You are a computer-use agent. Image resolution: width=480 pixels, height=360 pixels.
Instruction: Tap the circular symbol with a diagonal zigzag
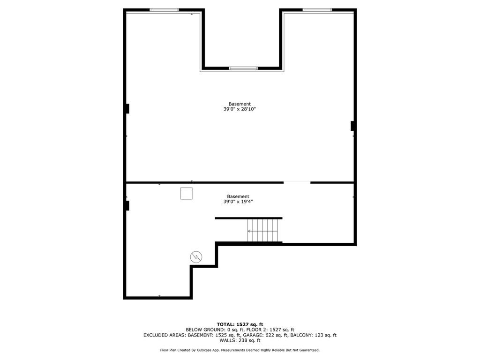196,256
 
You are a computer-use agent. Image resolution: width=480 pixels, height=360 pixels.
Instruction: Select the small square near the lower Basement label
186,194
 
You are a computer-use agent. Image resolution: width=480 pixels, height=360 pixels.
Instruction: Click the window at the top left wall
164,10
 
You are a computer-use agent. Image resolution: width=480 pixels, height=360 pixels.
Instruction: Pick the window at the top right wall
317,10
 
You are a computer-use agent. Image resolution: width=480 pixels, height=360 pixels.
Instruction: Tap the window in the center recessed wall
243,68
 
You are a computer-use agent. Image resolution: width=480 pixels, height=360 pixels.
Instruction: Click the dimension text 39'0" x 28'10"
240,109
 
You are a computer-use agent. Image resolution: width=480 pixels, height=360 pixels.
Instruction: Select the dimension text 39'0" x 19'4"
238,202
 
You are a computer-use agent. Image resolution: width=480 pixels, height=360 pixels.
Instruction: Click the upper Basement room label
240,104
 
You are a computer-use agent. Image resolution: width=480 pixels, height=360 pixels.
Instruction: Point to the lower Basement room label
238,196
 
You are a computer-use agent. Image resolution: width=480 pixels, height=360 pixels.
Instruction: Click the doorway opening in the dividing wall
297,182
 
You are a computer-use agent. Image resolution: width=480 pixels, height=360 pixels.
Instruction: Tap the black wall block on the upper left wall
127,108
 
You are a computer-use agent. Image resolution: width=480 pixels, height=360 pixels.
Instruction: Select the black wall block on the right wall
352,126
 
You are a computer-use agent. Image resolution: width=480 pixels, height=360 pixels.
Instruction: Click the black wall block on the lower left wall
127,205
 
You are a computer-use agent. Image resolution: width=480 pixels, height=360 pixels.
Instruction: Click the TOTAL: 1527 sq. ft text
240,324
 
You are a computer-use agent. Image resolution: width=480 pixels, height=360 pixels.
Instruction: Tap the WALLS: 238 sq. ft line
240,341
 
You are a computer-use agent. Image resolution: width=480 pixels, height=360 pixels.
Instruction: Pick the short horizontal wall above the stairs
248,218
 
